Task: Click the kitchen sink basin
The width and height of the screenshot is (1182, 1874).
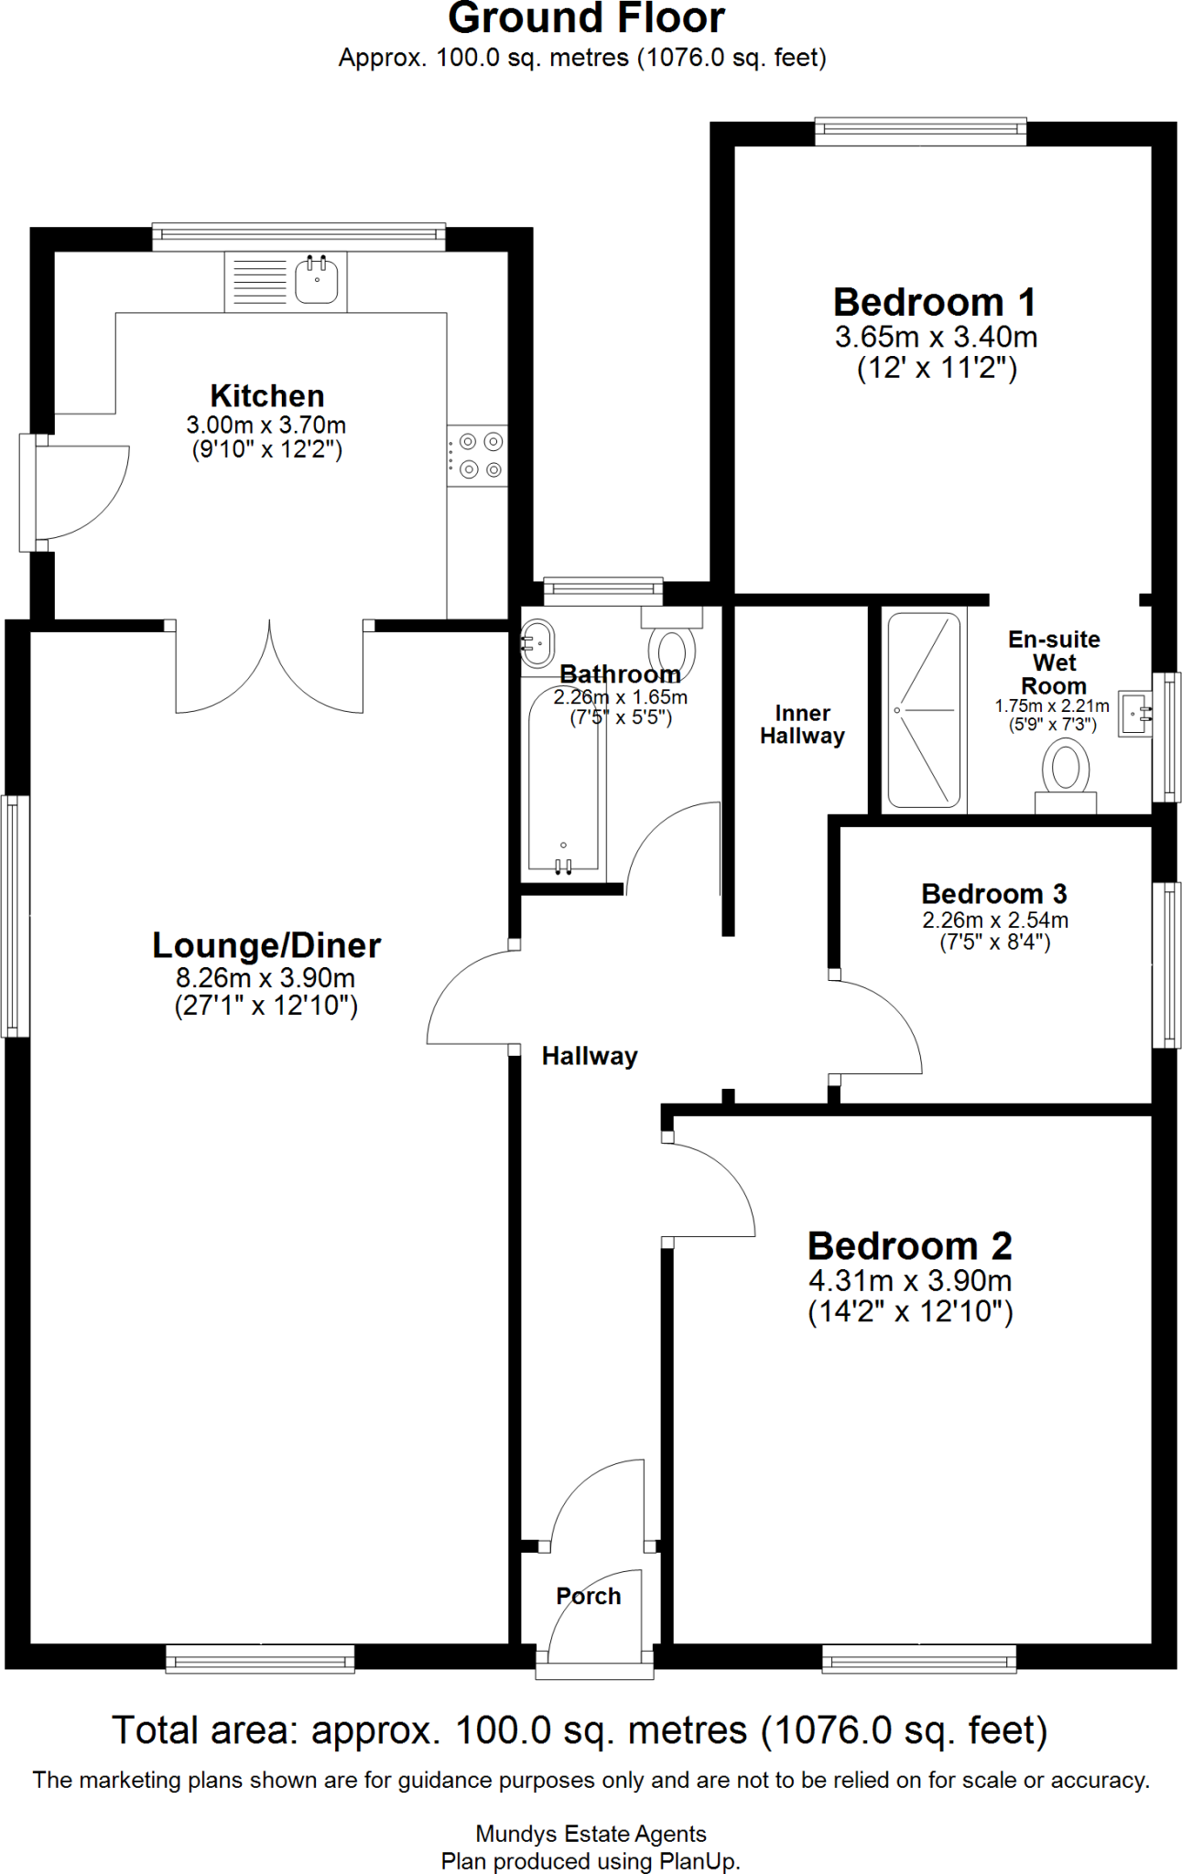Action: pyautogui.click(x=317, y=281)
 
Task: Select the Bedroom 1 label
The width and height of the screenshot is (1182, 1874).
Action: pyautogui.click(x=934, y=302)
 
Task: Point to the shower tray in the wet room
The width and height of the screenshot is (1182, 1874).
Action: pyautogui.click(x=924, y=710)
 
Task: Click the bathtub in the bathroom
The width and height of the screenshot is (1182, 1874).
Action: pyautogui.click(x=563, y=787)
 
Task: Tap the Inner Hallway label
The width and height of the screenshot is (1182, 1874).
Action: pyautogui.click(x=802, y=725)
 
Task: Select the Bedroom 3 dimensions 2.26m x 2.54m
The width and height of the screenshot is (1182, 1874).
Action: pyautogui.click(x=994, y=921)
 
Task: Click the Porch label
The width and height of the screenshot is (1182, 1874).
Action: pyautogui.click(x=588, y=1596)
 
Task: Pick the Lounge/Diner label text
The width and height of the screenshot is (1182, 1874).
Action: pyautogui.click(x=266, y=945)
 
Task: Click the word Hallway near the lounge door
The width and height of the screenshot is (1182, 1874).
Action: pyautogui.click(x=590, y=1056)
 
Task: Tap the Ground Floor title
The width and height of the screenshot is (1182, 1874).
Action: pyautogui.click(x=586, y=18)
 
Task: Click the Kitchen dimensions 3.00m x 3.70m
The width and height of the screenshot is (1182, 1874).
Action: pyautogui.click(x=266, y=425)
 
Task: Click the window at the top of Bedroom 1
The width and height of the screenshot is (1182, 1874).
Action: pyautogui.click(x=920, y=131)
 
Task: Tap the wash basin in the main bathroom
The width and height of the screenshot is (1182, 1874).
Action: pyautogui.click(x=537, y=643)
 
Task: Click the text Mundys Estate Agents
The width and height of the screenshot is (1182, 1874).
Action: pyautogui.click(x=591, y=1834)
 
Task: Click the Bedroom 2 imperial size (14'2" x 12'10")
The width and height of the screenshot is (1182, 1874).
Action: pyautogui.click(x=910, y=1312)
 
